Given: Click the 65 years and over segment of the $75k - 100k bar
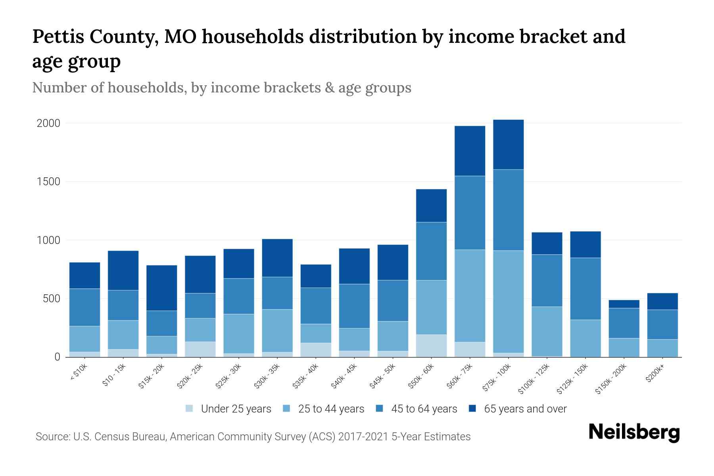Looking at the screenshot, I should [x=508, y=144].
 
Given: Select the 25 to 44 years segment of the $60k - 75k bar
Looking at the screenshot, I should [x=470, y=296].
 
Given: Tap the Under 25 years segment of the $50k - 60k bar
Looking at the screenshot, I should [x=431, y=345].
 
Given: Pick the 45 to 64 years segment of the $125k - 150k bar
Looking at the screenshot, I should [x=585, y=289].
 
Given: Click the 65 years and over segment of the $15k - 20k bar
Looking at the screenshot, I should [x=161, y=288].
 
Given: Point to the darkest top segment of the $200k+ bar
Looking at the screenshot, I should [x=662, y=301].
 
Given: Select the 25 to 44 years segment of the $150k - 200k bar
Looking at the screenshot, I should [x=624, y=347].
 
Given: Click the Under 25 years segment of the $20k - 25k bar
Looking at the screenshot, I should [x=200, y=349].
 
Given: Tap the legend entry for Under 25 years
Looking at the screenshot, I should [x=228, y=409].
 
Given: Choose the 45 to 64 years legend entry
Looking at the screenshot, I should [x=416, y=409].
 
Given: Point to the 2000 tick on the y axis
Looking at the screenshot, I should [x=48, y=123].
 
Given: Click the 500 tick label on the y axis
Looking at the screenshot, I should [x=51, y=299].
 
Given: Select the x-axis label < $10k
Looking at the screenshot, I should [x=79, y=372].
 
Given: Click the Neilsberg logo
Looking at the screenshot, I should [x=634, y=432].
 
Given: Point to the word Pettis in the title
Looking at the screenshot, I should [x=58, y=36].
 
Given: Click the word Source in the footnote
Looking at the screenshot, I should [x=52, y=437].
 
